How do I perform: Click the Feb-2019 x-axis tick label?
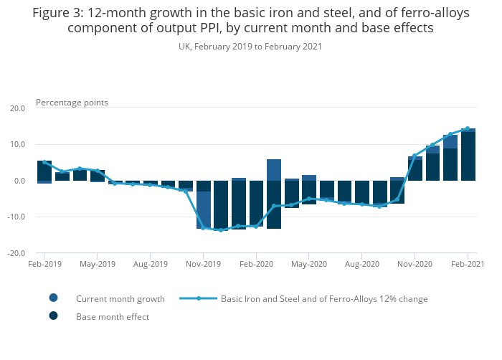pos(44,264)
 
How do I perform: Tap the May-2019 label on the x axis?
pos(97,264)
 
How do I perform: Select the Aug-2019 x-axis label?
pos(150,264)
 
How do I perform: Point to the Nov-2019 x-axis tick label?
pos(203,264)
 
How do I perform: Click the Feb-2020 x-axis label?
pos(256,264)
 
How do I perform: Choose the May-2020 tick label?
pos(309,264)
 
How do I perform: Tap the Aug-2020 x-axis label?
pos(362,264)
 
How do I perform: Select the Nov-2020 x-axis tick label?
pos(415,264)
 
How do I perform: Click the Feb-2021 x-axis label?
pos(468,264)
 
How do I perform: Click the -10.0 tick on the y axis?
pos(15,217)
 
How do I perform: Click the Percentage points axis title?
pos(72,103)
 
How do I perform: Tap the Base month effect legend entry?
pos(112,316)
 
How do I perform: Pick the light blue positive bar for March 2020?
pos(274,170)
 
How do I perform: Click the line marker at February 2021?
pos(468,129)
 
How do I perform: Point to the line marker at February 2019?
pos(44,162)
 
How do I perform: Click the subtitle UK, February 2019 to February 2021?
pos(250,46)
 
